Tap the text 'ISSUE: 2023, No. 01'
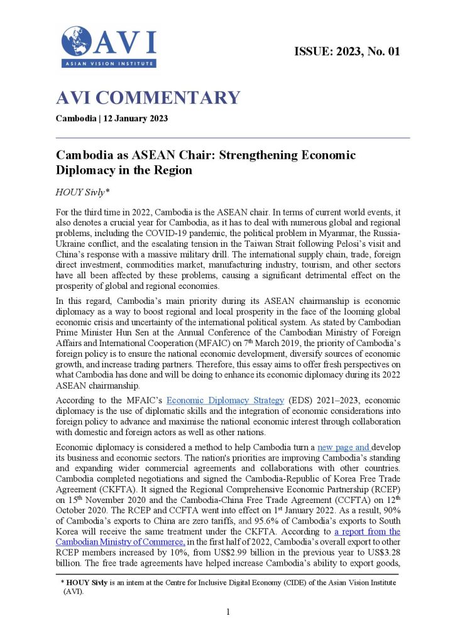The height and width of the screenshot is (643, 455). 347,51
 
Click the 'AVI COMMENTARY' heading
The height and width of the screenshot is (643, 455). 148,98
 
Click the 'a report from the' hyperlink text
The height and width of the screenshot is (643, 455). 367,531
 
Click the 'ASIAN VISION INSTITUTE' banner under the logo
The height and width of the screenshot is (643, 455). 109,63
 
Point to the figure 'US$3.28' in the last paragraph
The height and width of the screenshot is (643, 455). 383,551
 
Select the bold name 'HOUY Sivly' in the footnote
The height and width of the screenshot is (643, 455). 90,583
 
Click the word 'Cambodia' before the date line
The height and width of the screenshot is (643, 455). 75,119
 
